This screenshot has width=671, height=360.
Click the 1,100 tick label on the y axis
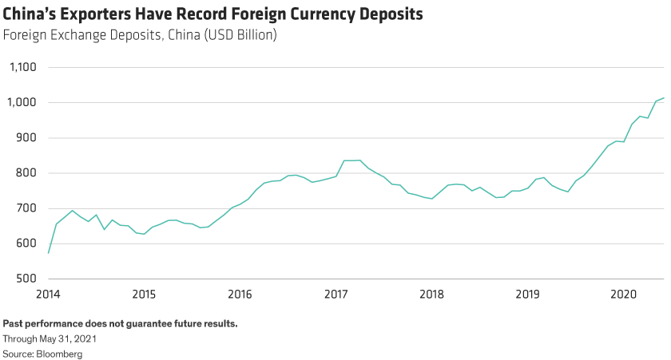[x=22, y=68]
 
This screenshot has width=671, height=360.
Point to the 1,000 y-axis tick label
[x=22, y=103]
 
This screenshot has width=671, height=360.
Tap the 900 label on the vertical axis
[x=26, y=138]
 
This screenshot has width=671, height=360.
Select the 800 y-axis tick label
[x=26, y=173]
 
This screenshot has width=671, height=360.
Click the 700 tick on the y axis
[x=26, y=208]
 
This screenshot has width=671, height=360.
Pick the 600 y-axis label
[x=26, y=243]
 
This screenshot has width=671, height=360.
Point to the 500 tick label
[x=26, y=279]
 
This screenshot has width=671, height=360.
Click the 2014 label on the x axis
[x=48, y=294]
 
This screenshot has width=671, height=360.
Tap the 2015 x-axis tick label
[x=144, y=294]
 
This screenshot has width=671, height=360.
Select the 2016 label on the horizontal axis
[x=240, y=294]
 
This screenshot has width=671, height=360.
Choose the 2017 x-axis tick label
[x=335, y=294]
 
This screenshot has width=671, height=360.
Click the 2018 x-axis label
[x=431, y=294]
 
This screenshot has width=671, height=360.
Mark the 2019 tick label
[x=527, y=294]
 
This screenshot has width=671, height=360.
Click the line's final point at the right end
[x=664, y=98]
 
